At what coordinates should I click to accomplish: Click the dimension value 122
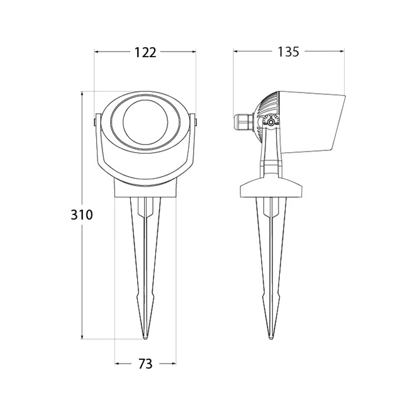coord(145,52)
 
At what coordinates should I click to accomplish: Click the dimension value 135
coord(288,52)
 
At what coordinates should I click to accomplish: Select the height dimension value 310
coord(82,215)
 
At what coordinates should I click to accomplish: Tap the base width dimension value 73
coord(145,364)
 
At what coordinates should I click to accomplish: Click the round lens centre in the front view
coord(145,122)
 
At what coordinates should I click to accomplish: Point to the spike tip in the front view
coord(145,338)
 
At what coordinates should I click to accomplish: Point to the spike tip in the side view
coord(270,338)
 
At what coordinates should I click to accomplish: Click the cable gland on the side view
coord(243,123)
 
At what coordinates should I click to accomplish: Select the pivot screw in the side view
coord(270,123)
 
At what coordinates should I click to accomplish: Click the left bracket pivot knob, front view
coord(95,122)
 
